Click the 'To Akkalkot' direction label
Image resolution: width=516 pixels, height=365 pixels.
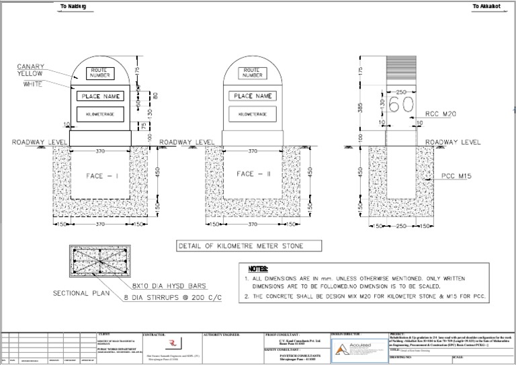coord(486,6)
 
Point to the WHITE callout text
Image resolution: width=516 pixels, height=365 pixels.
coord(33,84)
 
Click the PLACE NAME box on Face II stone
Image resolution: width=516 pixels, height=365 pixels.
coord(253,96)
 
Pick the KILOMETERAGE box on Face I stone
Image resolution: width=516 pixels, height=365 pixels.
coord(101,115)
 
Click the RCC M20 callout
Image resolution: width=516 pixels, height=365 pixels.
coord(441,115)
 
